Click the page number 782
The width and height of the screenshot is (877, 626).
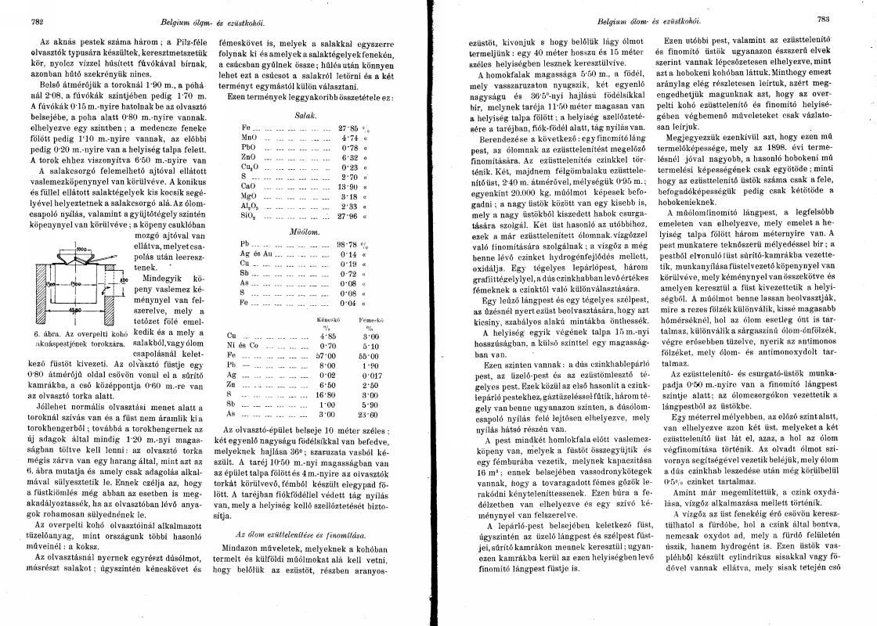click(x=36, y=22)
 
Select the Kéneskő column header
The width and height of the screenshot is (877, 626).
click(x=327, y=320)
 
